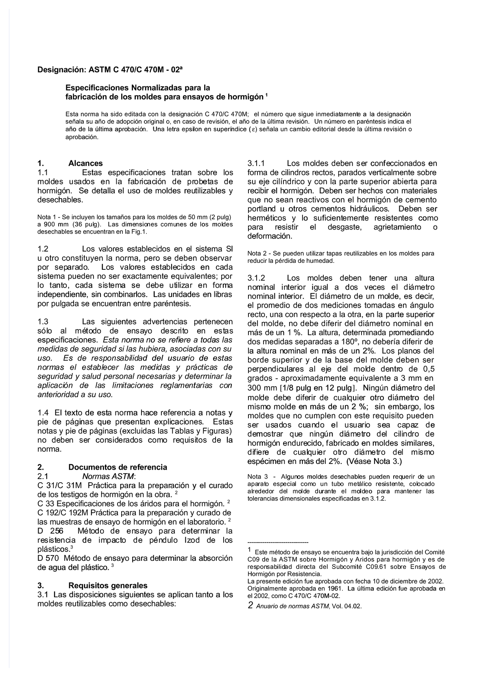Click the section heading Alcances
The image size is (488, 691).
(85, 163)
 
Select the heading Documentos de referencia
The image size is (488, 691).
(118, 467)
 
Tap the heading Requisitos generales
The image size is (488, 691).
(108, 586)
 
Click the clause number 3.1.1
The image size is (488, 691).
(256, 164)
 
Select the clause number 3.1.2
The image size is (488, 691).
(256, 278)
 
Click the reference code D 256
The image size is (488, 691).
(48, 531)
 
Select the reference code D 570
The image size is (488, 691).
(48, 558)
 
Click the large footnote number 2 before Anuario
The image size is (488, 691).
(250, 605)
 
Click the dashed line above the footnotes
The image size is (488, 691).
(278, 542)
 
